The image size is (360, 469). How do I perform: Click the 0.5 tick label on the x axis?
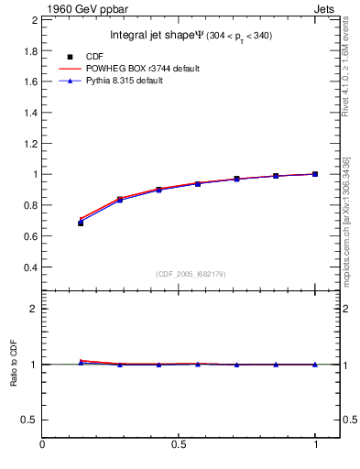point(179,446)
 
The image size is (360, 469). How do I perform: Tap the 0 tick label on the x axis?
point(42,446)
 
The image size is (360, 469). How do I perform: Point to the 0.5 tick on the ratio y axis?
point(27,420)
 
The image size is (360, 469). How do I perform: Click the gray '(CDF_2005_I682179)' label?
point(191,274)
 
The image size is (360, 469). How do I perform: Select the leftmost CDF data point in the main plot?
point(81,223)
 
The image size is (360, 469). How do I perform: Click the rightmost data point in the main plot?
point(315,174)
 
